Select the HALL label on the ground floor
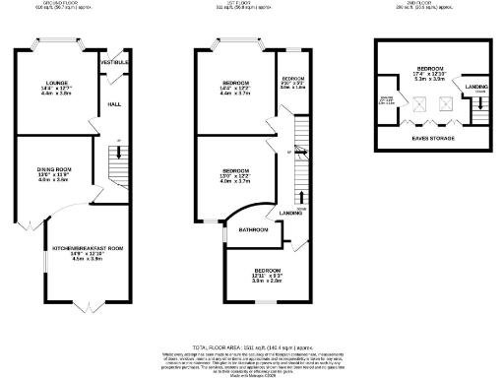(113, 103)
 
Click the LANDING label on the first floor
(290, 213)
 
